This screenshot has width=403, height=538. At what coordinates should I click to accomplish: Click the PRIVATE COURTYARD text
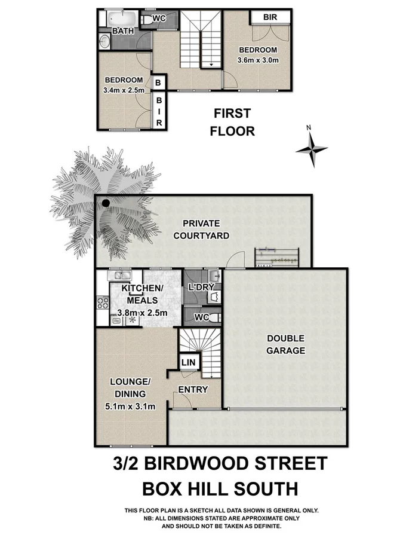point(201,230)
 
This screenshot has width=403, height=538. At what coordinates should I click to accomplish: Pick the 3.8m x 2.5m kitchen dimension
point(143,311)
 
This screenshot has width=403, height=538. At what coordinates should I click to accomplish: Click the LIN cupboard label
point(187,362)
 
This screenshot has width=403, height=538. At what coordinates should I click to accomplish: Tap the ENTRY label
point(193,390)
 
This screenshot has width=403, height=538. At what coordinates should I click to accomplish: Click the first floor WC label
point(159,19)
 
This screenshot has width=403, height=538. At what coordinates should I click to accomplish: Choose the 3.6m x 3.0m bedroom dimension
point(258,60)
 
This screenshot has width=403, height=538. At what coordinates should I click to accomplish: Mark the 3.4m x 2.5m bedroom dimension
point(124,91)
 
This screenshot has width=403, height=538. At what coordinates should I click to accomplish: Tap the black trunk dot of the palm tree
point(106,203)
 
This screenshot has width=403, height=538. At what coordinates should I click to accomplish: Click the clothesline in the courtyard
point(276,256)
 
